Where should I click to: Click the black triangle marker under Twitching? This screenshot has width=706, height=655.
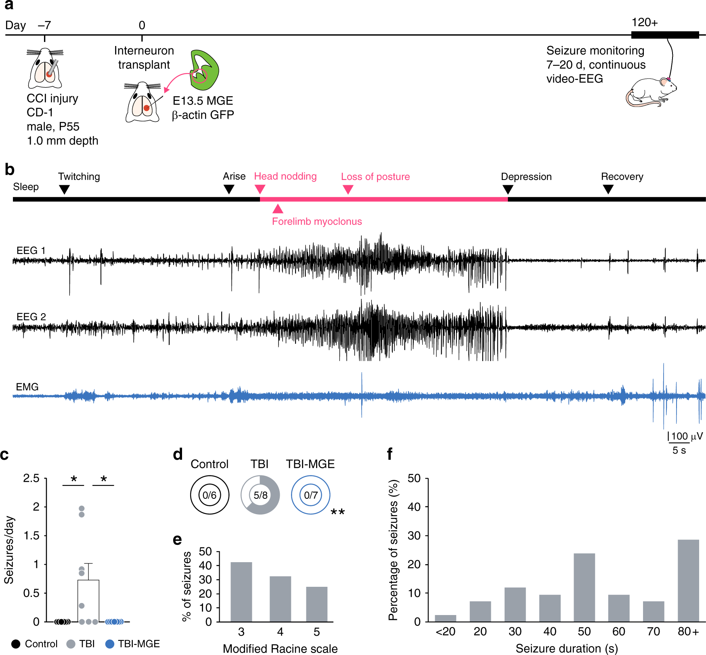pos(64,189)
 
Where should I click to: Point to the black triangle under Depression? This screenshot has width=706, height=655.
pos(508,189)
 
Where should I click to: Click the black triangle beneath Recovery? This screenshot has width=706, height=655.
pos(608,189)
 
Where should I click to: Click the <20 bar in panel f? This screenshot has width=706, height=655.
pos(445,618)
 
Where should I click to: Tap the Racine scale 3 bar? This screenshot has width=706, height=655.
pos(241,592)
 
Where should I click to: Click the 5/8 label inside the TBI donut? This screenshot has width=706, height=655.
pos(260,495)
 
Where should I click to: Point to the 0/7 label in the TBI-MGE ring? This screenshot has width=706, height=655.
pos(311,495)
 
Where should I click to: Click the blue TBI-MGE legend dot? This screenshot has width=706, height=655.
pos(109,644)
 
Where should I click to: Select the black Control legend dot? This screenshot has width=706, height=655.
pos(16,644)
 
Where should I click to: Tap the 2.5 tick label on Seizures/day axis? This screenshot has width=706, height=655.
pos(31,478)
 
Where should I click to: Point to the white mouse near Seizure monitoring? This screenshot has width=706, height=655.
pos(650,92)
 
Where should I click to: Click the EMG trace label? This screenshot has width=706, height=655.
pos(27,387)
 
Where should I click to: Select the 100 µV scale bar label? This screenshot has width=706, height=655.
pos(687,436)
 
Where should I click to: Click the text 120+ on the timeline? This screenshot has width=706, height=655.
pos(645,23)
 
